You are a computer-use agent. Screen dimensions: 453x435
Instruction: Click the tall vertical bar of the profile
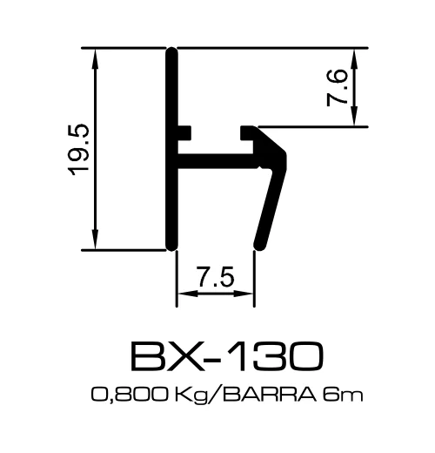click(x=171, y=149)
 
